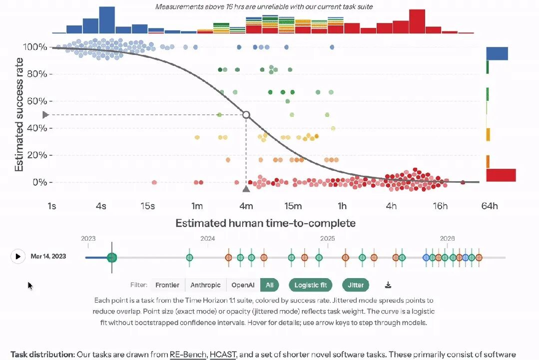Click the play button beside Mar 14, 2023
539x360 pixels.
(x=18, y=256)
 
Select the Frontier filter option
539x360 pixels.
(x=167, y=285)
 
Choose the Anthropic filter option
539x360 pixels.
(x=206, y=285)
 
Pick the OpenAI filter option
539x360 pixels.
(x=243, y=285)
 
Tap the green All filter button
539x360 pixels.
(x=270, y=285)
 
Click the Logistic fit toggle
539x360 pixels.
(x=310, y=285)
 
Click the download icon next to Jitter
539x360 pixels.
(x=388, y=285)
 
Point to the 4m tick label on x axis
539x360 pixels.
(x=246, y=206)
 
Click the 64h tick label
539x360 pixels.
(x=490, y=206)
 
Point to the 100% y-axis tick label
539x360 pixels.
(x=35, y=47)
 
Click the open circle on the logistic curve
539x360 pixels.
(x=246, y=115)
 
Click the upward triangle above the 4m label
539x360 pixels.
(x=246, y=189)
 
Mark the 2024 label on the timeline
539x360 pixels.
(x=208, y=238)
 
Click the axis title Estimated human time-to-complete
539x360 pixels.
(x=265, y=223)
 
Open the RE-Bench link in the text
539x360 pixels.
(x=188, y=354)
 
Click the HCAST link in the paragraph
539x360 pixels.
(x=223, y=354)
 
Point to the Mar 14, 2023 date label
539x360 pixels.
(x=48, y=256)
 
